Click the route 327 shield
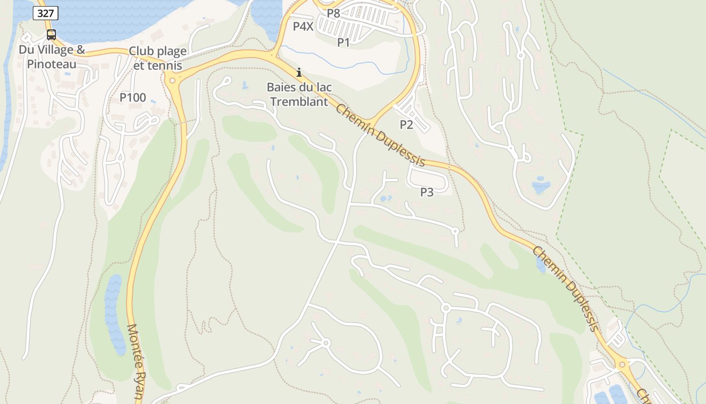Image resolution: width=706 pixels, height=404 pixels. point(45,13)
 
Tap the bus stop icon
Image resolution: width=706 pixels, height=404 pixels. point(51,34)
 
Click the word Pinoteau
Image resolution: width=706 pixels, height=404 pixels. point(52,64)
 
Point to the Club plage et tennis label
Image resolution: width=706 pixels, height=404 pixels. point(157,58)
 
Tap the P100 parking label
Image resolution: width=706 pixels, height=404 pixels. point(133,97)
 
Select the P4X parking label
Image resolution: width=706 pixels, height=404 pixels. point(303,26)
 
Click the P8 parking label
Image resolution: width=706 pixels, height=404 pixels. point(333,13)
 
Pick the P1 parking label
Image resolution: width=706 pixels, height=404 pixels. point(343,42)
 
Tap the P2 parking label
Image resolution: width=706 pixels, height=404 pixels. point(406,124)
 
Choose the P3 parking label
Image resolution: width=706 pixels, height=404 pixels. point(427,192)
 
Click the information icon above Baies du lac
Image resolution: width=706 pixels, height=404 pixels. point(299,72)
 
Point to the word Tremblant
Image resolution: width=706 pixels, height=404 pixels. point(299,102)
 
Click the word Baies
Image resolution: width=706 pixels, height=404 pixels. point(280,87)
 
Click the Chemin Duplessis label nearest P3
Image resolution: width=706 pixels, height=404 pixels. point(381,135)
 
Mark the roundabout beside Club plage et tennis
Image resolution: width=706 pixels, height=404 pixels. point(172,80)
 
